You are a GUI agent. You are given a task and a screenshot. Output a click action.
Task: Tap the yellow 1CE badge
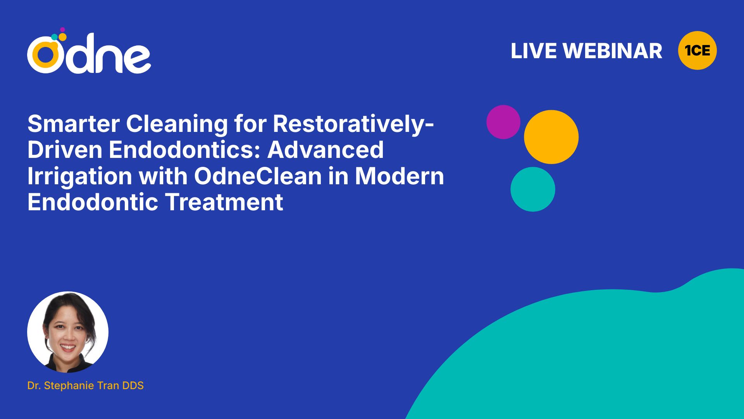697,50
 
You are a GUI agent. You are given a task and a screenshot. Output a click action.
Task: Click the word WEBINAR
613,51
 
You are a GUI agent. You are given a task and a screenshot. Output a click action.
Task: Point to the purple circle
503,122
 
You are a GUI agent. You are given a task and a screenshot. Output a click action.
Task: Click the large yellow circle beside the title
551,137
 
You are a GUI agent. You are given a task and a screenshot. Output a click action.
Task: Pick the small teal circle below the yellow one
533,189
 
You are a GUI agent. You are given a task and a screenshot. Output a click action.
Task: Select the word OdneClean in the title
258,176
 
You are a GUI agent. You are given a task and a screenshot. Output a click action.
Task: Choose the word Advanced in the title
325,150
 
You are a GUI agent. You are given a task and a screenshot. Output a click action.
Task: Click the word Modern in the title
400,176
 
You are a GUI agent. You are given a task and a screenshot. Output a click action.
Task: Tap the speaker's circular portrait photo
68,332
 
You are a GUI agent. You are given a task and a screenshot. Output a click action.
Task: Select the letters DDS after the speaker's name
133,385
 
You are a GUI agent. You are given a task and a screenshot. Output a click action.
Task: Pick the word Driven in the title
65,150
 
